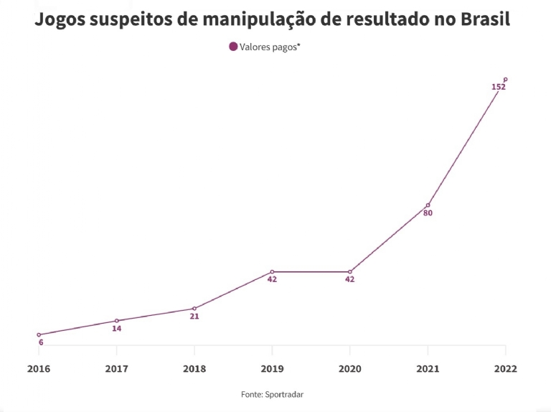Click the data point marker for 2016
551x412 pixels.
click(x=39, y=334)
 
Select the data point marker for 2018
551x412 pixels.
click(x=194, y=309)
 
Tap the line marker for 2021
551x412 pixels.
click(x=428, y=205)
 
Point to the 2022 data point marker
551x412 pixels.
click(x=506, y=80)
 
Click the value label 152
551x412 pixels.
click(x=499, y=87)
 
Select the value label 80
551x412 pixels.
click(x=428, y=213)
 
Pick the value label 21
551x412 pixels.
click(x=194, y=316)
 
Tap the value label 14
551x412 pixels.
click(x=116, y=329)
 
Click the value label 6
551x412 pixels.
click(x=41, y=342)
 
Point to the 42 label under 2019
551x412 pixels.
click(x=272, y=279)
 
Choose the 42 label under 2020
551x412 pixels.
click(x=349, y=279)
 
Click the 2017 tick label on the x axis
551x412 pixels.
click(x=116, y=369)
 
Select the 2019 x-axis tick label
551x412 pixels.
click(x=272, y=369)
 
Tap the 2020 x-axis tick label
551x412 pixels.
click(x=349, y=369)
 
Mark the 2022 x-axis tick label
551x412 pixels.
click(x=505, y=369)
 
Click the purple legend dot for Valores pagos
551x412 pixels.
click(x=233, y=47)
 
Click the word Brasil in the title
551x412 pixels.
click(x=484, y=19)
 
